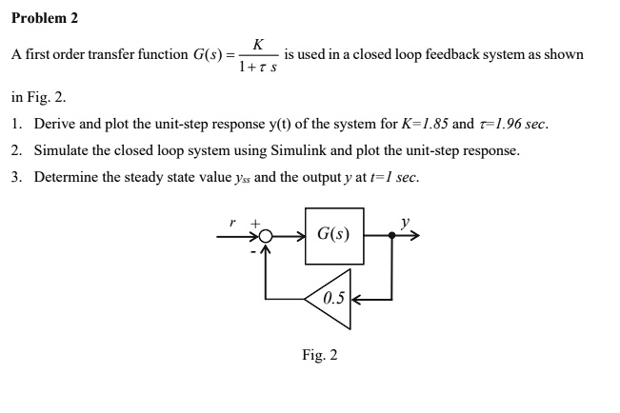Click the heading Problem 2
coord(45,18)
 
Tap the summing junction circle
coord(269,235)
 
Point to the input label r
coord(232,221)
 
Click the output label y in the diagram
coord(406,223)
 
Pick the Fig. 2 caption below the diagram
coord(320,355)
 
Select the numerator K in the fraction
coord(259,43)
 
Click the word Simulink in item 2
coord(296,150)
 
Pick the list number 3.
coord(17,177)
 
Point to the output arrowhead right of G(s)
coord(413,234)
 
